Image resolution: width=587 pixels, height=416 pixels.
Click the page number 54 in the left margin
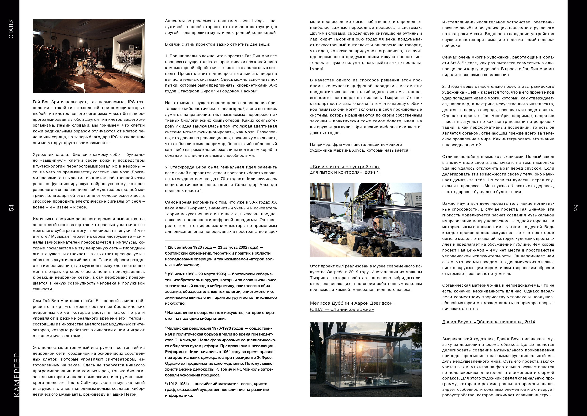pos(11,208)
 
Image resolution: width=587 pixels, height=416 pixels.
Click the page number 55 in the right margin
pos(576,208)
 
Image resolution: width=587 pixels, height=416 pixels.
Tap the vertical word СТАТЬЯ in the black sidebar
pos(11,29)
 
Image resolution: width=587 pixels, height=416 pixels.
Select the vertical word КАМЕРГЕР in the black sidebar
pos(16,375)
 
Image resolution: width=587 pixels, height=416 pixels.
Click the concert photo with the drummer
pos(89,56)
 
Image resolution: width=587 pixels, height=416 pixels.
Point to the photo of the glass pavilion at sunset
pos(366,359)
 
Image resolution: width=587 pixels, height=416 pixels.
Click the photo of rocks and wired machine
pos(366,220)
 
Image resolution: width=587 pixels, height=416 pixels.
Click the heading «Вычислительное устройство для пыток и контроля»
pos(345,170)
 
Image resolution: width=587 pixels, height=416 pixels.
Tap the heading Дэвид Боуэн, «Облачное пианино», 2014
pos(489,322)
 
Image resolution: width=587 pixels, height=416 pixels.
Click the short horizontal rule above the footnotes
pos(182,241)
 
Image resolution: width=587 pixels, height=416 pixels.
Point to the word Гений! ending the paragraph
pos(317,68)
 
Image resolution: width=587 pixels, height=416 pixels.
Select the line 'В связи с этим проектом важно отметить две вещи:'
pos(217,44)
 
